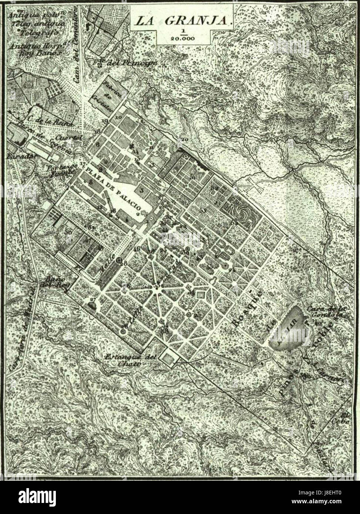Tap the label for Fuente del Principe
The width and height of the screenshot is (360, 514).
[126, 63]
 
